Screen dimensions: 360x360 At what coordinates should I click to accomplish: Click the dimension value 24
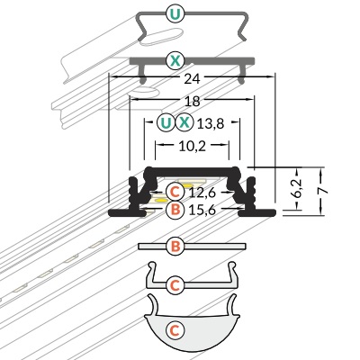coord(192,79)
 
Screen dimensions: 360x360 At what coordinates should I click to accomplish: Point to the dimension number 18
coord(192,102)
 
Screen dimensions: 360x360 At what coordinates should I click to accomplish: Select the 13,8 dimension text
coord(211,123)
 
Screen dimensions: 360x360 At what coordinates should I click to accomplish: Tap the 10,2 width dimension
coord(193,146)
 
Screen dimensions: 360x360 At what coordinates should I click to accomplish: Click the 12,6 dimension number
coord(202,193)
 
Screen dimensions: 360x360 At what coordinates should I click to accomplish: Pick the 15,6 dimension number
coord(202,210)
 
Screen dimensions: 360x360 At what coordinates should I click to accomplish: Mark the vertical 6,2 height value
coord(297,188)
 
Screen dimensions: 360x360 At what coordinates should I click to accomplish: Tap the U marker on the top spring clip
coord(175,13)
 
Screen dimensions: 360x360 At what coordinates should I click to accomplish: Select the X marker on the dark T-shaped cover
coord(175,61)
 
